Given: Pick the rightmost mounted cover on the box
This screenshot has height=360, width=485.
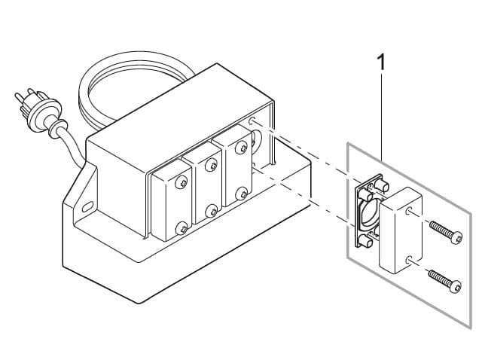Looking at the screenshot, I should coord(234,171).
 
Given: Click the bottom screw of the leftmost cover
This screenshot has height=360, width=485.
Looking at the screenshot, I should coord(181,226).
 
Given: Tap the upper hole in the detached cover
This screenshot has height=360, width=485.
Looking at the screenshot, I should coord(407,213).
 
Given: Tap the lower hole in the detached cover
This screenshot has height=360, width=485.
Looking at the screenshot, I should coord(407,259).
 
